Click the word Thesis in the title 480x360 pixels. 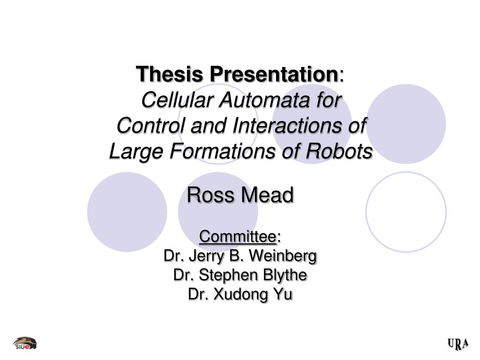pos(170,74)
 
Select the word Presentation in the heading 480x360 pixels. pos(274,74)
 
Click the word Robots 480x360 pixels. pos(339,151)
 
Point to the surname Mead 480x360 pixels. pos(267,195)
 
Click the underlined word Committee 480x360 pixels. pos(238,237)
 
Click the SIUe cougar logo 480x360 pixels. pos(24,344)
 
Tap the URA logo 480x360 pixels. pos(458,344)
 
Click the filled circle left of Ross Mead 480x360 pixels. pos(127,212)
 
